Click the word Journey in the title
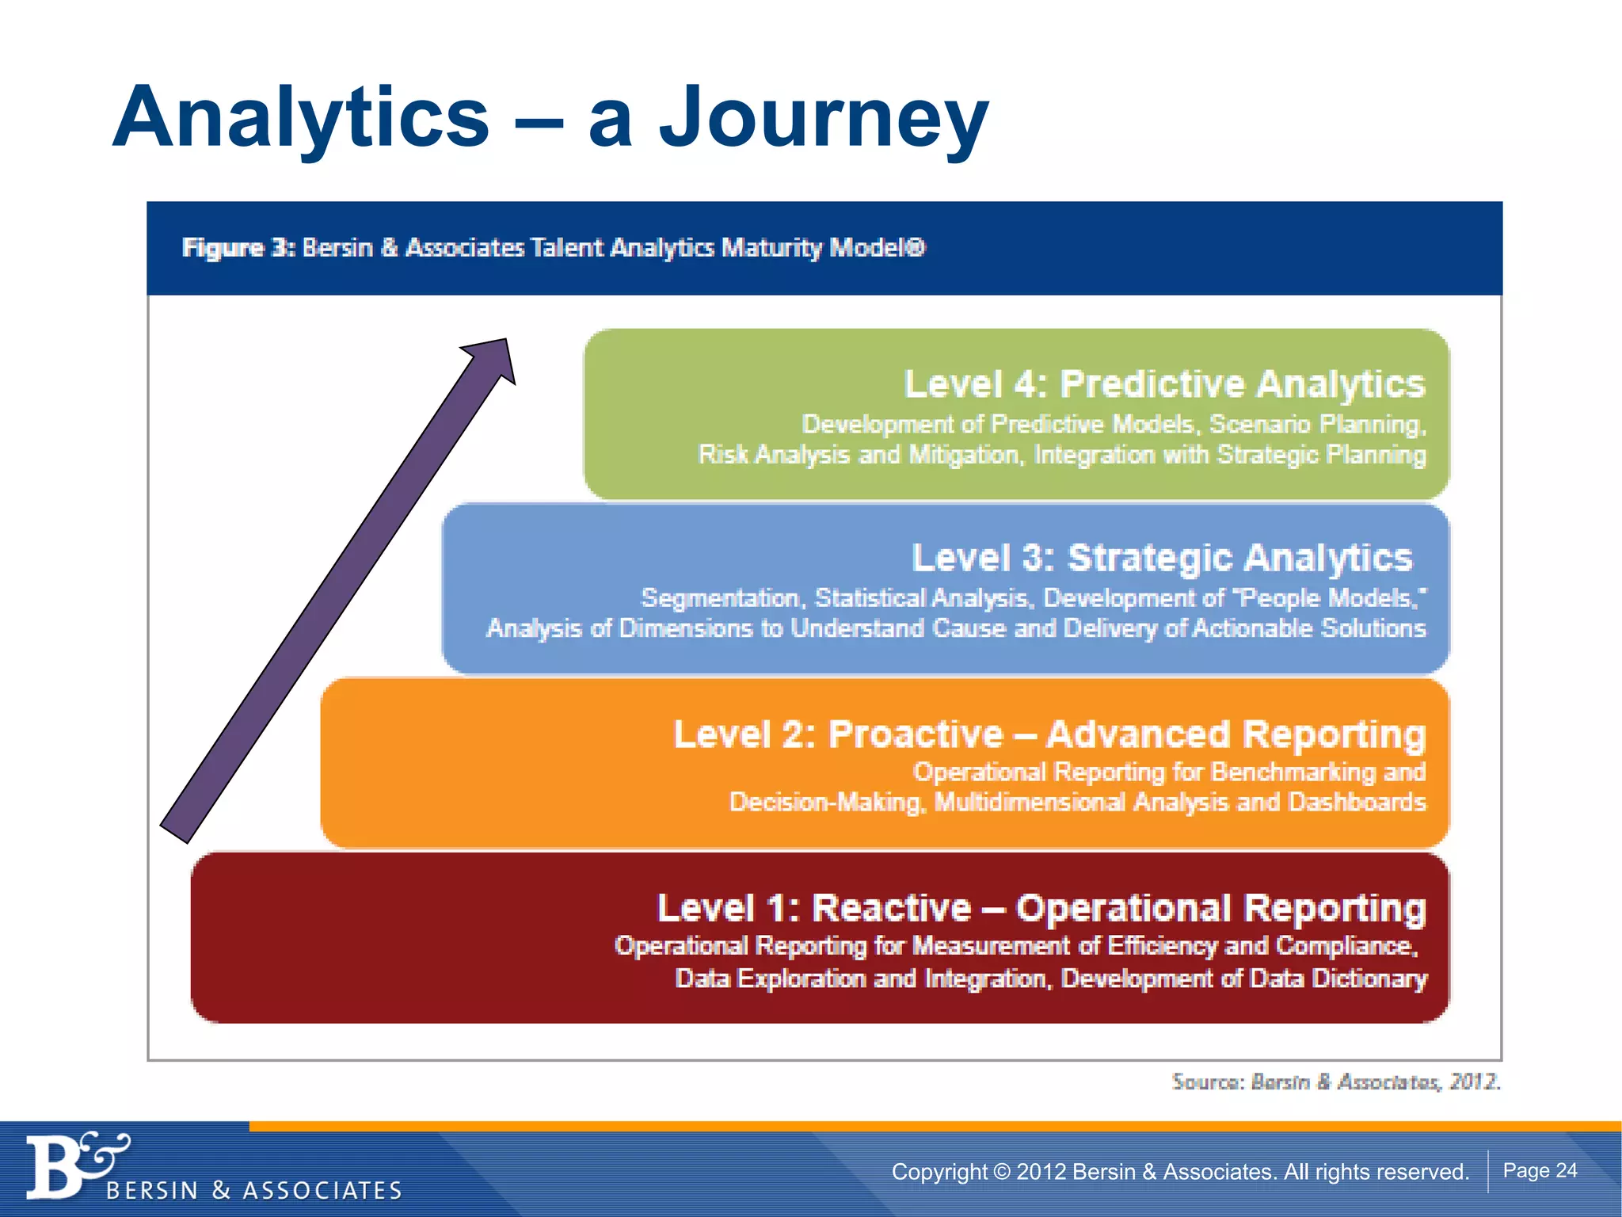pos(824,119)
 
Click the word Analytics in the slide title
pos(301,119)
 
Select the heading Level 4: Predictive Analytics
pos(1164,384)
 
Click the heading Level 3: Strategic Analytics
pos(1162,558)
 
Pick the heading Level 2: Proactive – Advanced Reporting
pos(1049,734)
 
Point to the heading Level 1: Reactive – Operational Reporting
pos(1041,908)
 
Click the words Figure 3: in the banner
pos(238,248)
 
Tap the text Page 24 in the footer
pos(1540,1170)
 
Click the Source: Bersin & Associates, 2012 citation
pos(1336,1082)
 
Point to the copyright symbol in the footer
pos(1002,1171)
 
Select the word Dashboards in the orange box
pos(1357,802)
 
